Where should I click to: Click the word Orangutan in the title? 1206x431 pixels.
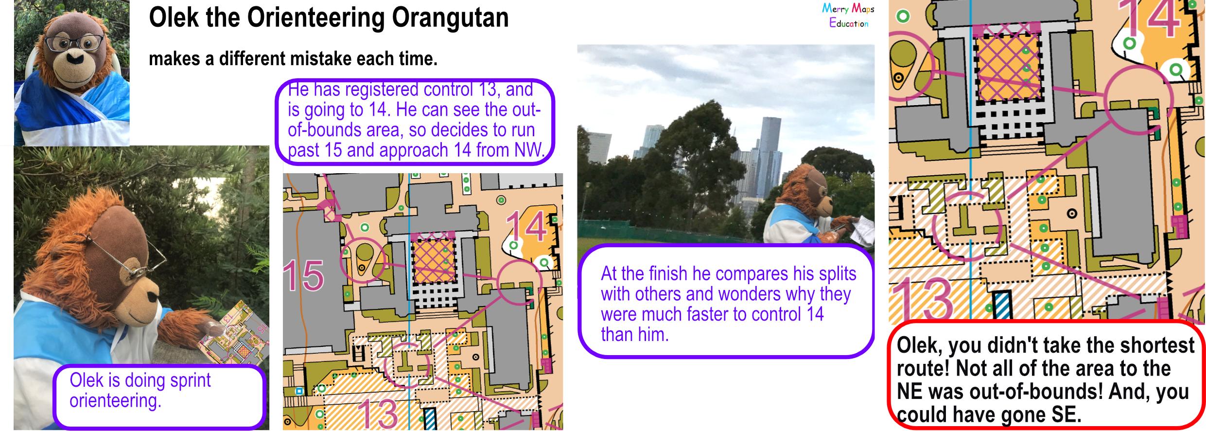click(450, 18)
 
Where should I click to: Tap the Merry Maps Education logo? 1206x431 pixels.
click(848, 16)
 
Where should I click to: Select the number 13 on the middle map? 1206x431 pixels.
click(378, 413)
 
